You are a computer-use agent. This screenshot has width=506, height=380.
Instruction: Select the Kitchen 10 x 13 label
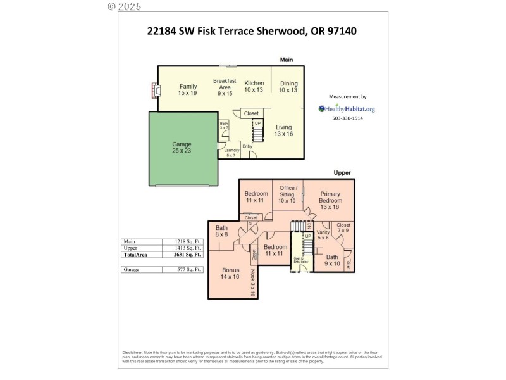click(x=254, y=86)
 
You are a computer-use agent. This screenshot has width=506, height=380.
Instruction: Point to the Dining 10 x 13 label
click(x=288, y=87)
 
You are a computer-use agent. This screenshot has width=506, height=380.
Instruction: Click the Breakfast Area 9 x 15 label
click(x=225, y=87)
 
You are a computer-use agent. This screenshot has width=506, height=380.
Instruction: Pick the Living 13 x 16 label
click(x=284, y=130)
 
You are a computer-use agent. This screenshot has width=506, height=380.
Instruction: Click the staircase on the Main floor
click(x=257, y=134)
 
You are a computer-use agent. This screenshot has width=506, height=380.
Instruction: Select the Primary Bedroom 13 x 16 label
click(x=330, y=200)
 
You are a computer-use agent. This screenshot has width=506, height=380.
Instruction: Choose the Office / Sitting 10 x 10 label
click(x=288, y=194)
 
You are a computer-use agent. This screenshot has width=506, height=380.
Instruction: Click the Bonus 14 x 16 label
click(x=230, y=273)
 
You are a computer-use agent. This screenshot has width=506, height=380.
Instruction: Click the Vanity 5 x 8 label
click(x=323, y=235)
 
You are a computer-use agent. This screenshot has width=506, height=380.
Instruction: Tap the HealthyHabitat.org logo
click(x=347, y=108)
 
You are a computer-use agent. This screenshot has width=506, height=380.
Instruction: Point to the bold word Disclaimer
click(x=132, y=353)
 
